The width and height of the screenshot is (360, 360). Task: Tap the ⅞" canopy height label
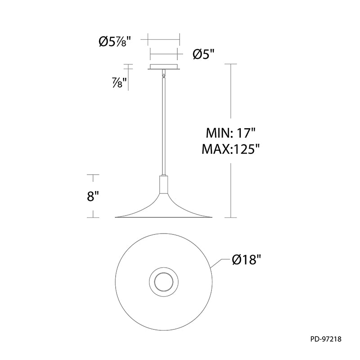click(x=119, y=83)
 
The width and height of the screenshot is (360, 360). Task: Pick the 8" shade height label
click(x=93, y=197)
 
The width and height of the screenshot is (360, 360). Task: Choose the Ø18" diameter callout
click(x=247, y=260)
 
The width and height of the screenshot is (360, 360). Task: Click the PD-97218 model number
click(x=326, y=339)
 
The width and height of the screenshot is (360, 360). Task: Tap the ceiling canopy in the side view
click(x=164, y=67)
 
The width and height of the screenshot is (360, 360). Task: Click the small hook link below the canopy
click(x=163, y=74)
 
